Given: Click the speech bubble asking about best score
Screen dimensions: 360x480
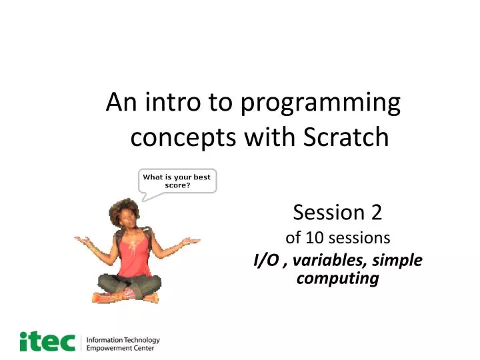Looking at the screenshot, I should tap(177, 181).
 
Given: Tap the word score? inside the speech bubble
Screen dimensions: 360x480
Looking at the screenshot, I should tap(177, 185).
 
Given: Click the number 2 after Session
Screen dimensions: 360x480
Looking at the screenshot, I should tap(376, 212).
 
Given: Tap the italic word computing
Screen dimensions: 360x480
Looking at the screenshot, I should tap(337, 278).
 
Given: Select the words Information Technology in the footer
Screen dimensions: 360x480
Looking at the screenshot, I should tap(123, 339).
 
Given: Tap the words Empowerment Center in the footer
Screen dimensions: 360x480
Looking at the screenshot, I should tap(121, 348).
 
